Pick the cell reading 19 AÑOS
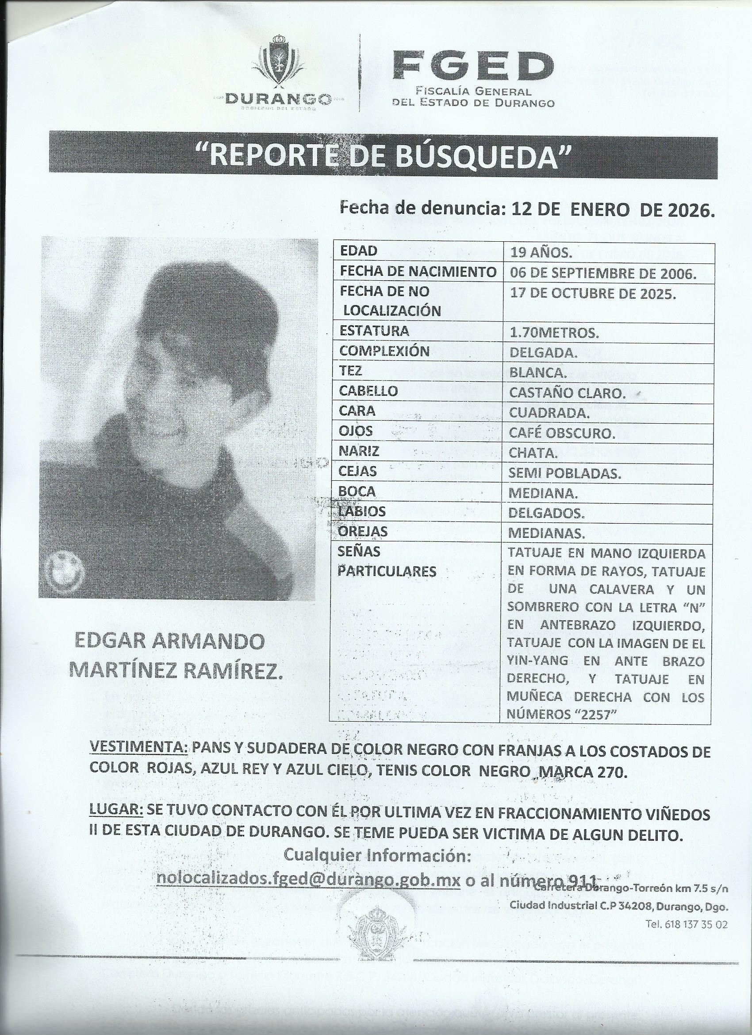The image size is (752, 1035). pyautogui.click(x=540, y=251)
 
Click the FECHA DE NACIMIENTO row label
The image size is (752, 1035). pyautogui.click(x=417, y=272)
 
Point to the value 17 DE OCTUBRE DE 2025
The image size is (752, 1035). pyautogui.click(x=592, y=294)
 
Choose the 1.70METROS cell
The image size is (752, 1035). pyautogui.click(x=554, y=333)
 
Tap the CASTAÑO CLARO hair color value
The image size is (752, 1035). pyautogui.click(x=567, y=393)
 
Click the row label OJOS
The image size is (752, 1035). pyautogui.click(x=356, y=431)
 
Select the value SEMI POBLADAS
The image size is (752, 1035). pyautogui.click(x=564, y=474)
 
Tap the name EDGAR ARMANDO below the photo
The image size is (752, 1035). pyautogui.click(x=169, y=641)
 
